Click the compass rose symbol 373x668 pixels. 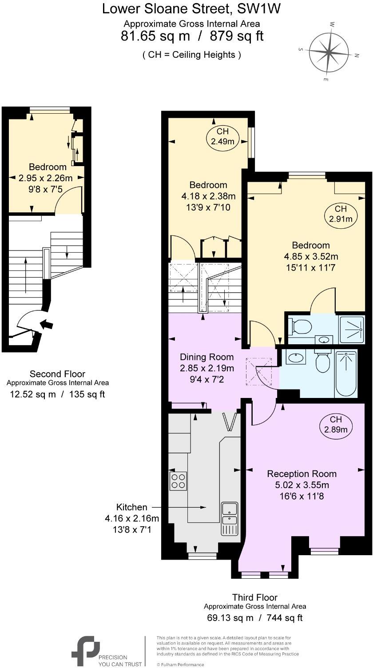coord(329,52)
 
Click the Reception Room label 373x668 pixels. coord(302,474)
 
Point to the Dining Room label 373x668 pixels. coord(206,357)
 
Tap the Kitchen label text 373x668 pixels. coord(131,507)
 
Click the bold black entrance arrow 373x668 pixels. coord(46,324)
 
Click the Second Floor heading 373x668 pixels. coord(57,374)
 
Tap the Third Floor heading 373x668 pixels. coord(254,597)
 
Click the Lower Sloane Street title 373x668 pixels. coord(191,8)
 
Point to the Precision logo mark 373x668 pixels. coord(85,651)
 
